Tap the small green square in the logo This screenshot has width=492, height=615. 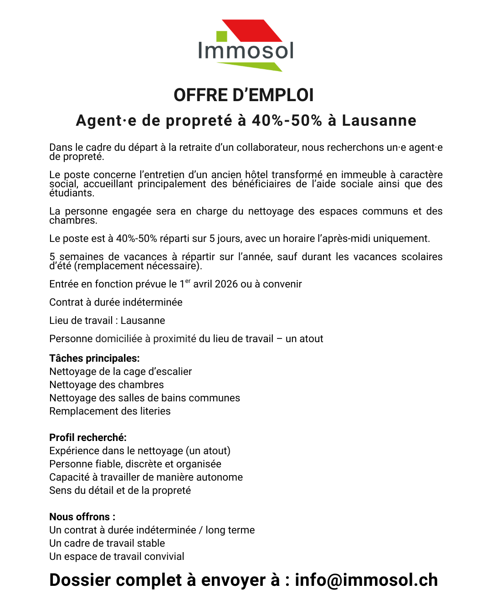pos(221,36)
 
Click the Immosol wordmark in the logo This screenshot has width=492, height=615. pos(246,51)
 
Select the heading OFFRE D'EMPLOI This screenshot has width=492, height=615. pos(244,95)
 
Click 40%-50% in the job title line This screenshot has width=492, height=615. pos(287,120)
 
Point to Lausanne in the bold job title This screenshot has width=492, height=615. pos(379,120)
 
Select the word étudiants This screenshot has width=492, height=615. pos(72,193)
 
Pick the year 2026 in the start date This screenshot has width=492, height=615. pos(226,284)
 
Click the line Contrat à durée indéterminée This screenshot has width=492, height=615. pos(116,302)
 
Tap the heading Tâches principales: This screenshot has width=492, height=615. pos(94,359)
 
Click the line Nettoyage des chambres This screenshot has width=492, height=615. pos(107,385)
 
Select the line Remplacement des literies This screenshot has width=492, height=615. pos(110,411)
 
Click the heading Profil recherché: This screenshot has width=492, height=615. pos(88,438)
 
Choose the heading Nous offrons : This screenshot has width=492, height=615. pos(82,517)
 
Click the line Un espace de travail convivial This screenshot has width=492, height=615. pos(117,557)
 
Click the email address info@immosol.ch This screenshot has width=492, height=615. pos(366,580)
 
